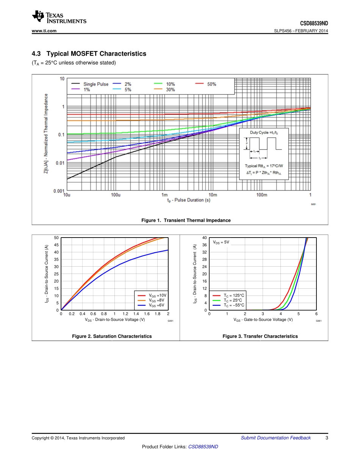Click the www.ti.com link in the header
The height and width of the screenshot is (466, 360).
[x=44, y=31]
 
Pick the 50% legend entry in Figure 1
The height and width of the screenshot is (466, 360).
[x=211, y=84]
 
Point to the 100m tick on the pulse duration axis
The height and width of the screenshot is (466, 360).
[x=261, y=195]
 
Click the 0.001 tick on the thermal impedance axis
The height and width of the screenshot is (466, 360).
[x=58, y=191]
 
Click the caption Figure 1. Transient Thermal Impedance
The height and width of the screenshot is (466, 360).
[x=186, y=220]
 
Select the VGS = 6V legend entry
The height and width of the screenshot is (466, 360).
[x=157, y=305]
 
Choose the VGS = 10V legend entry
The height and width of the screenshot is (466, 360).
[x=157, y=295]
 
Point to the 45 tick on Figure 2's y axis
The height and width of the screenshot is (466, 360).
[x=56, y=245]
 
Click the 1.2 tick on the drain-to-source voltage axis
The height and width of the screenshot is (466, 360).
[x=125, y=314]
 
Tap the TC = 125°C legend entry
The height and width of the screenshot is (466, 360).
[x=234, y=295]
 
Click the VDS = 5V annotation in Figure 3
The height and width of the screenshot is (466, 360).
[x=221, y=242]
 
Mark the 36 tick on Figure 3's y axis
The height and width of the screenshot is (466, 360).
[x=204, y=245]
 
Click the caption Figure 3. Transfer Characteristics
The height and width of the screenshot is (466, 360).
[x=260, y=336]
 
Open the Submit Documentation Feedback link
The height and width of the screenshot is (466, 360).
[x=275, y=438]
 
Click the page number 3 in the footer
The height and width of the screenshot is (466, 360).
[x=327, y=438]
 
